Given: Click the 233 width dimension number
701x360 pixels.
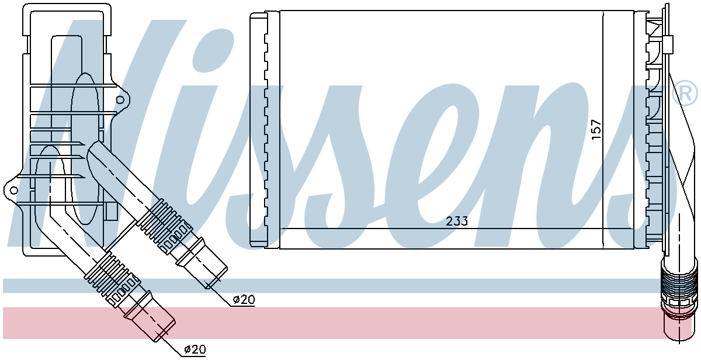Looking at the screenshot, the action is pyautogui.click(x=457, y=221).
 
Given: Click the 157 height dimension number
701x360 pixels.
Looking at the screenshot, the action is pyautogui.click(x=596, y=129).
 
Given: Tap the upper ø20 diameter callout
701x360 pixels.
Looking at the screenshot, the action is pyautogui.click(x=244, y=300).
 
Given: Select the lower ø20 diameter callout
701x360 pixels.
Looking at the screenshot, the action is pyautogui.click(x=195, y=349).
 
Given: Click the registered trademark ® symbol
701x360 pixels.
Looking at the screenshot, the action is pyautogui.click(x=685, y=94).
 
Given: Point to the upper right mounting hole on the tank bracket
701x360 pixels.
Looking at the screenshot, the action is pyautogui.click(x=120, y=100).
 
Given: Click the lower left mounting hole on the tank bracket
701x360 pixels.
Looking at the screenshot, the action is pyautogui.click(x=13, y=190).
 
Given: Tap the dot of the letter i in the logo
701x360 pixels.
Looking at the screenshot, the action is pyautogui.click(x=213, y=50).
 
